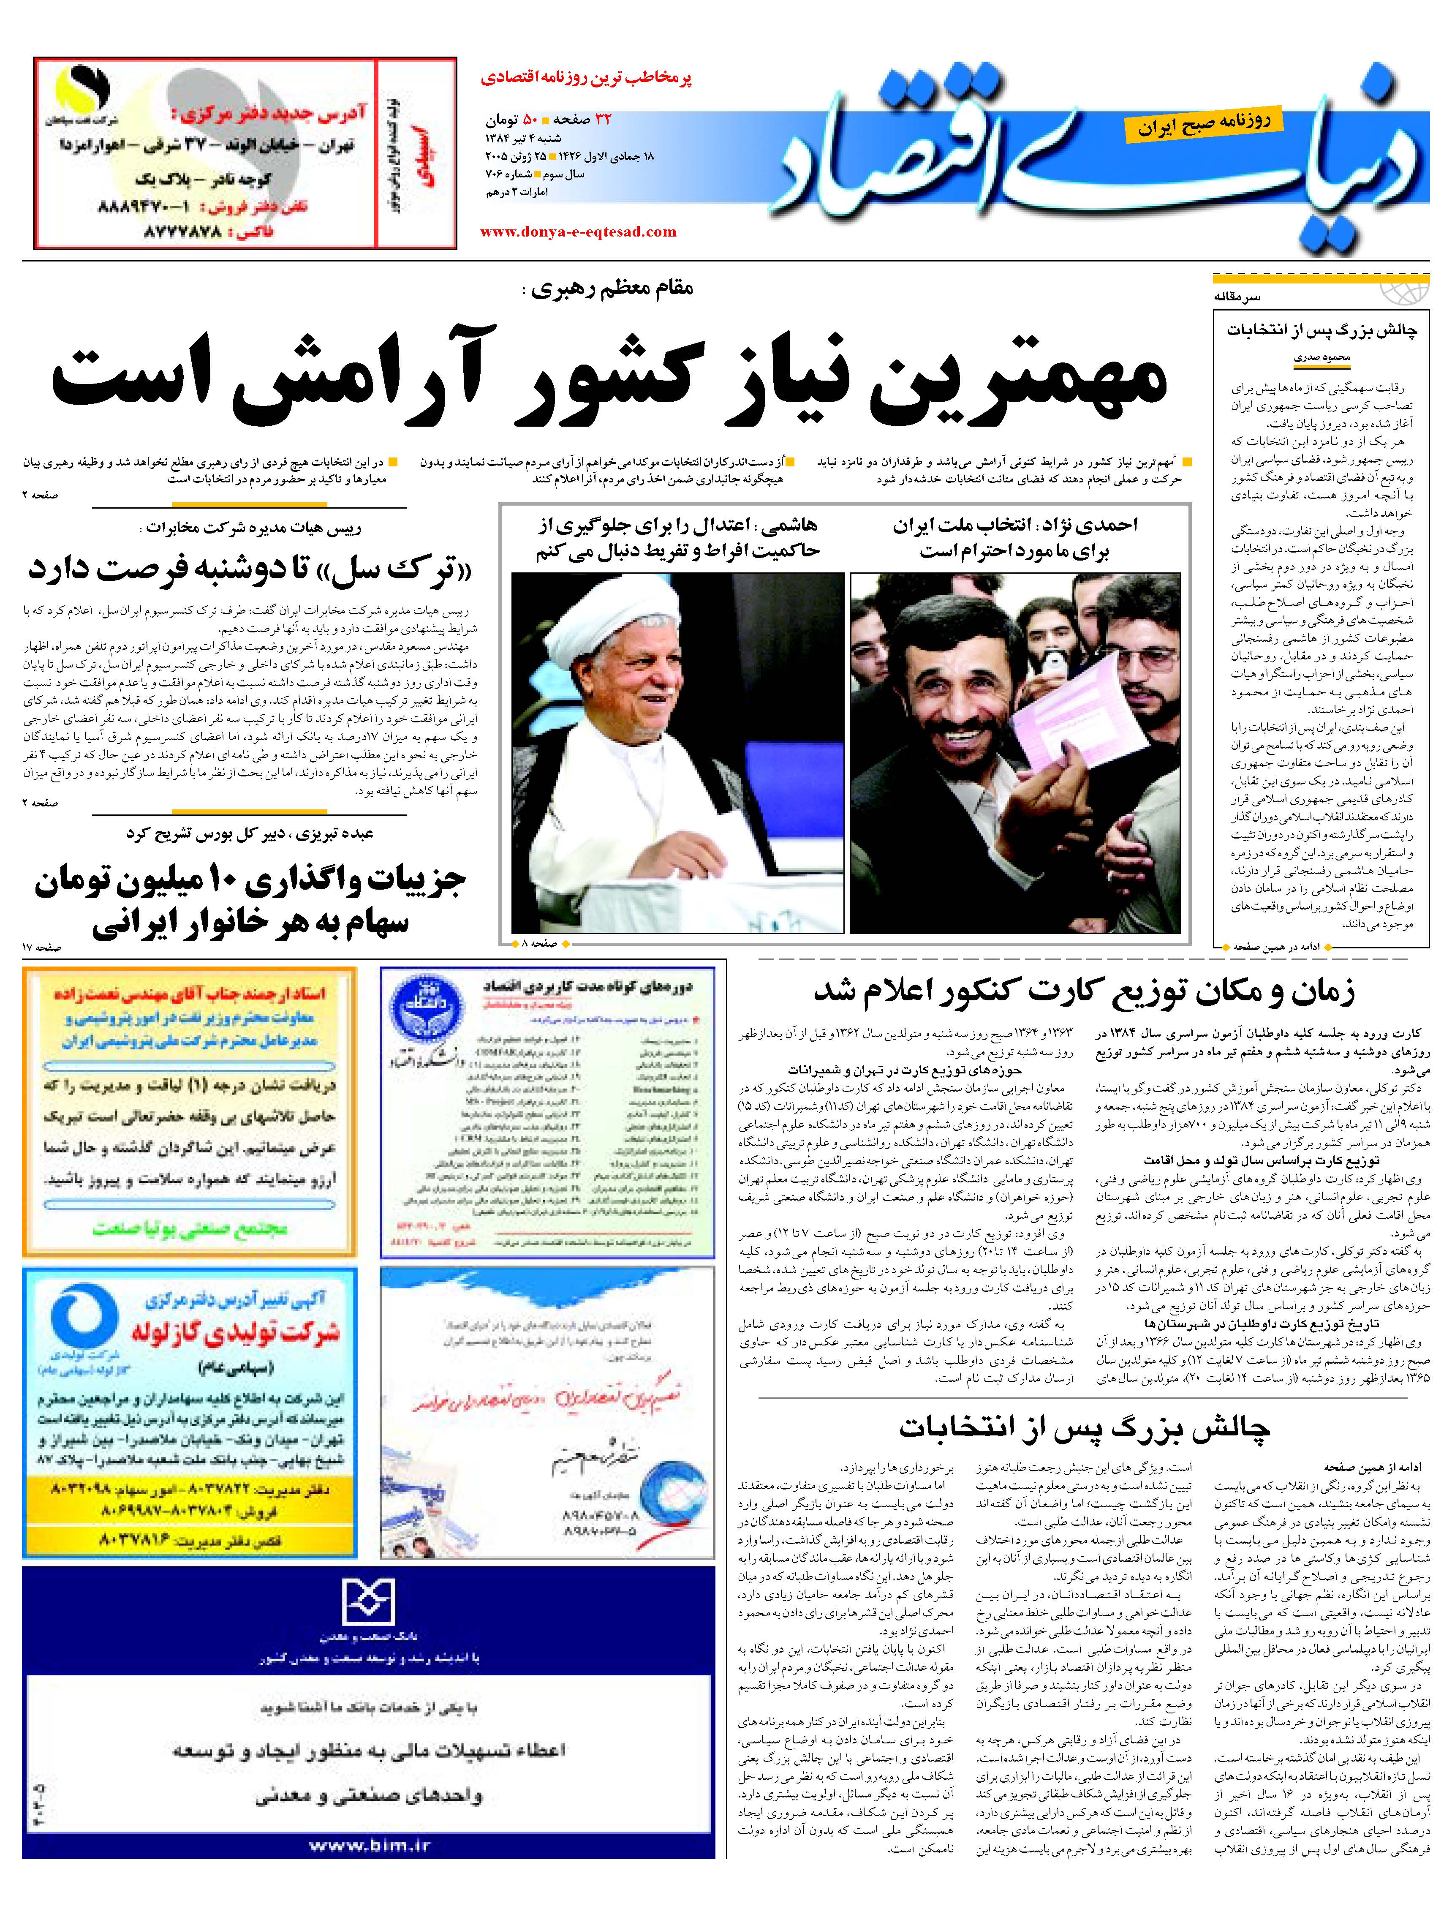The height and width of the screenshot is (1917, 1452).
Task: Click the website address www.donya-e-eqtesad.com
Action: [578, 231]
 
